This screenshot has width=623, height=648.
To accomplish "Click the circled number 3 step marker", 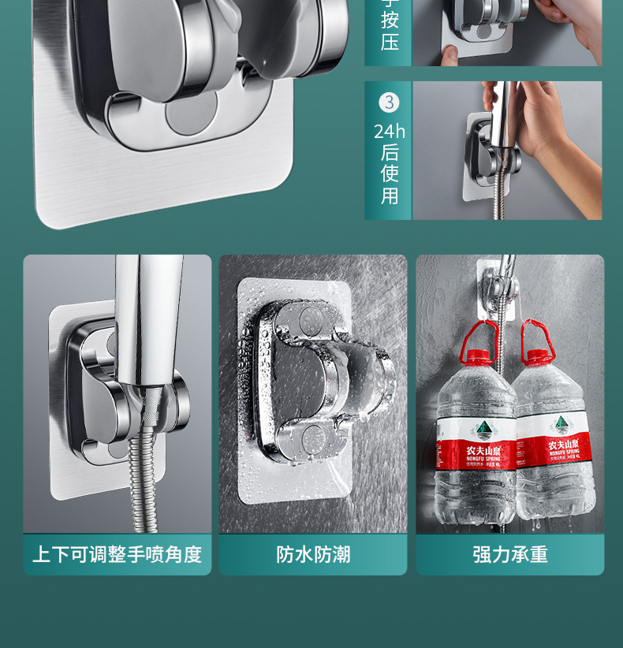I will point(389,102).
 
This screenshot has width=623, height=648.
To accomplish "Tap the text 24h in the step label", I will point(389,131).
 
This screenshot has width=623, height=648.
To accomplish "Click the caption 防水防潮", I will point(313,554).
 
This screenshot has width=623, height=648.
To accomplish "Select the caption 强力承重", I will point(510,554).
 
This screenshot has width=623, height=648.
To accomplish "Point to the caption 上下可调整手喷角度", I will point(117,554).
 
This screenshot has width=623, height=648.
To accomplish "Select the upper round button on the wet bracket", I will point(308,321).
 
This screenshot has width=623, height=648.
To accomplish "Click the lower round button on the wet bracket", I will point(315,436).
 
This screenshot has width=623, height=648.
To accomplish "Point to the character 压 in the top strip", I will point(390,41).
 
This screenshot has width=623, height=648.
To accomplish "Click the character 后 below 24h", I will point(390,152).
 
